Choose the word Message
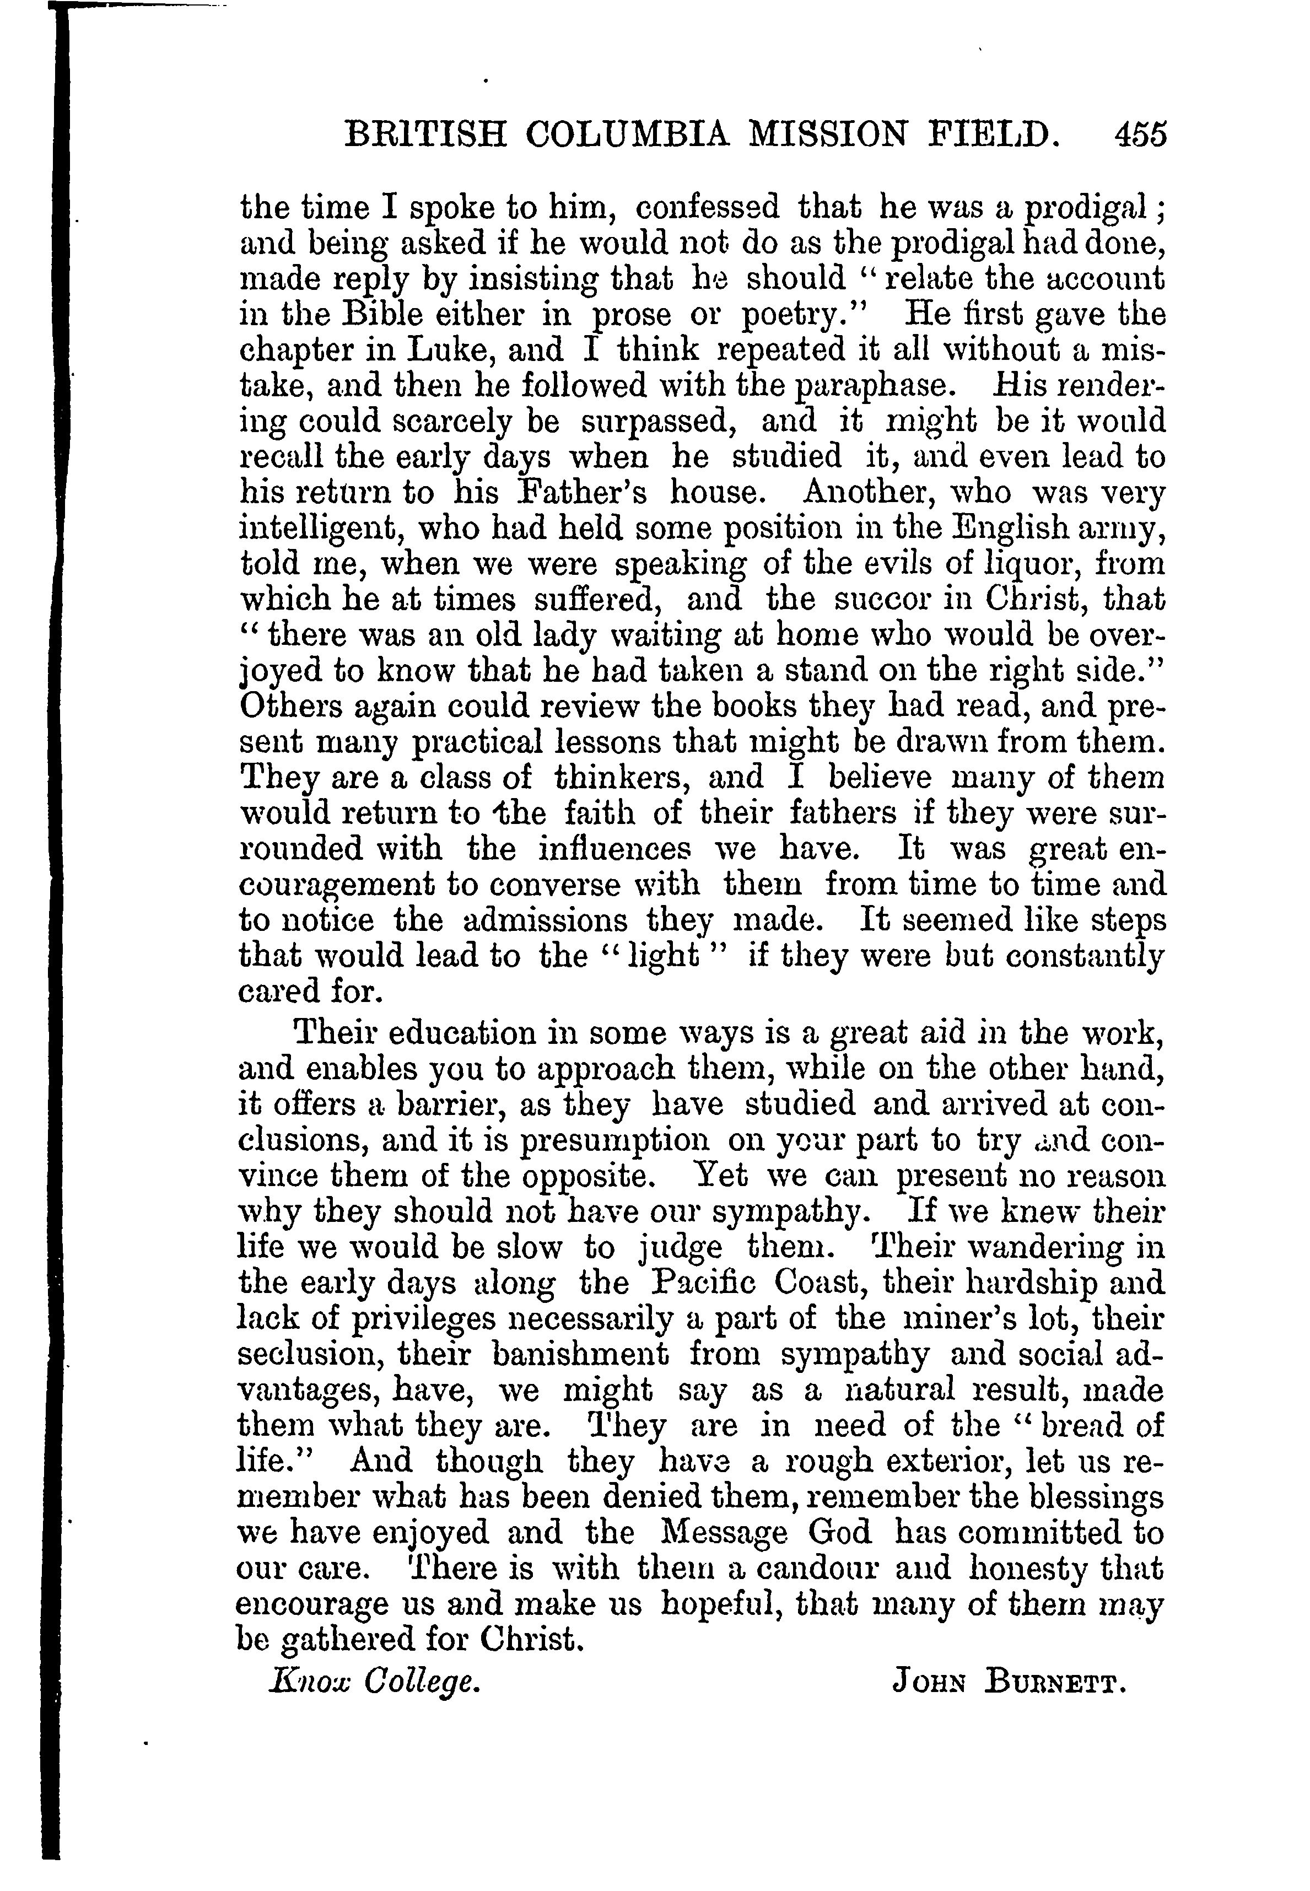[x=723, y=1532]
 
